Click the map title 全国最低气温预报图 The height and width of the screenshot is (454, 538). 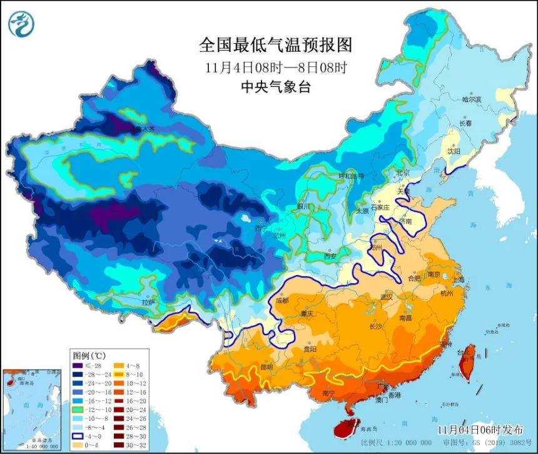coord(275,45)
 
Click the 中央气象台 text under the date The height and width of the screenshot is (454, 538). coord(275,87)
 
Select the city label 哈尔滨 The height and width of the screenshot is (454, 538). coord(471,99)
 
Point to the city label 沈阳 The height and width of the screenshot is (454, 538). coord(452,151)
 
